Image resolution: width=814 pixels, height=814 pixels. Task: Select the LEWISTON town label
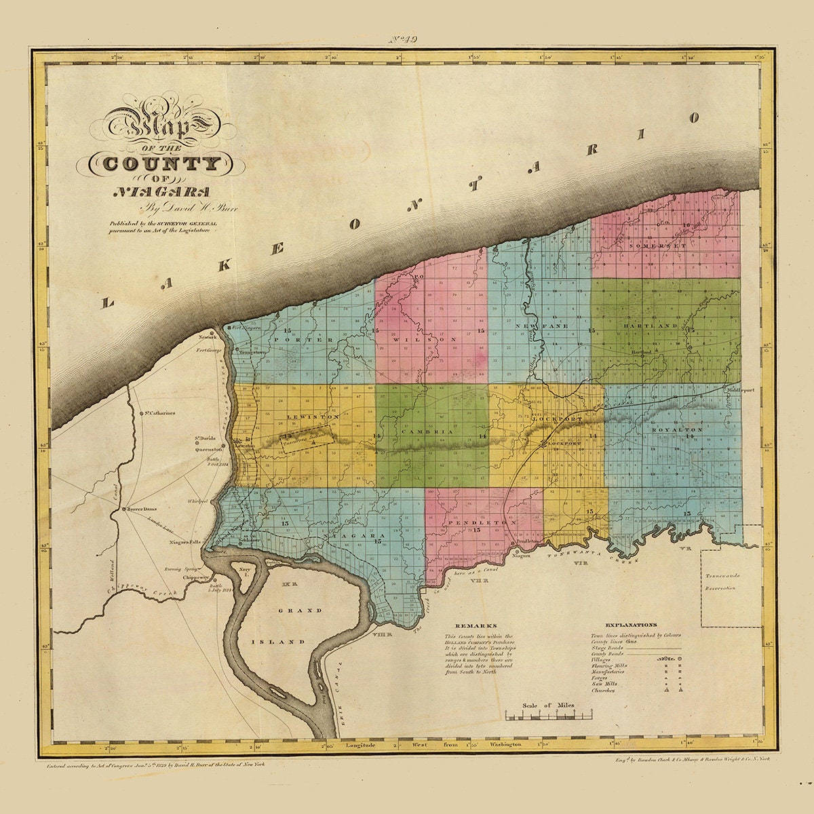pyautogui.click(x=303, y=416)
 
